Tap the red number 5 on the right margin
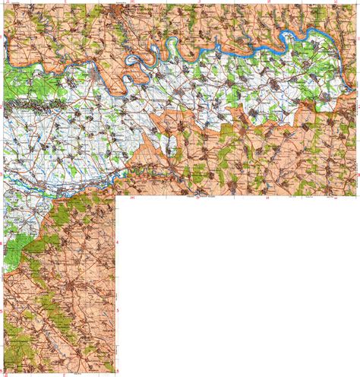118,311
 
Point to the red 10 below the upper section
131,198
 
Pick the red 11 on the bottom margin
64,375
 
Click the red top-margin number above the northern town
131,2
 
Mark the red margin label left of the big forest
2,245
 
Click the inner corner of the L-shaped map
116,196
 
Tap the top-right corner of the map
358,2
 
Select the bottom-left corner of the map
2,375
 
